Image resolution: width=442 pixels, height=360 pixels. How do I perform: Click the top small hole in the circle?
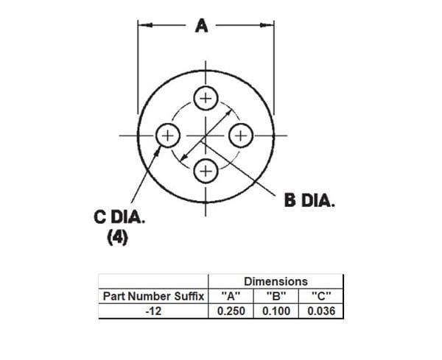tap(206, 99)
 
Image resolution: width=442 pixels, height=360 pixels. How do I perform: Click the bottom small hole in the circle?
tap(206, 171)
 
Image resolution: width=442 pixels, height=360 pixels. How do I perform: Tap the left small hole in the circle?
tap(169, 135)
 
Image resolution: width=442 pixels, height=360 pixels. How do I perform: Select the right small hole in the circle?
tap(241, 135)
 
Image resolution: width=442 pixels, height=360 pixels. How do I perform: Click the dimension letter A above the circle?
tap(201, 26)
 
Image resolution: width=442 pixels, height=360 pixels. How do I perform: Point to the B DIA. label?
tap(309, 200)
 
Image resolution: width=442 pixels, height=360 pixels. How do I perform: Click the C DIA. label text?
tap(121, 219)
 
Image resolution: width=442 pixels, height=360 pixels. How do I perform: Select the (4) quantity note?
tap(118, 239)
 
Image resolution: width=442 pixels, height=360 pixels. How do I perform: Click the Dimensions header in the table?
tap(276, 281)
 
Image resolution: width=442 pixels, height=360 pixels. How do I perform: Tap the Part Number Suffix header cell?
tap(153, 296)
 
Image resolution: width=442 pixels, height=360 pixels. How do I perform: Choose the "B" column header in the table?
tap(276, 296)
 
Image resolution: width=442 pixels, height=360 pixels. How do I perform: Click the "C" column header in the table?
tap(320, 296)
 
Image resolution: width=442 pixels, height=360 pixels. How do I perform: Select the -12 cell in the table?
tap(153, 311)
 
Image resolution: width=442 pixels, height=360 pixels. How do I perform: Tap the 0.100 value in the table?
tap(276, 311)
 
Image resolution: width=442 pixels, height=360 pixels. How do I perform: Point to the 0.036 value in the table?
tap(320, 311)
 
